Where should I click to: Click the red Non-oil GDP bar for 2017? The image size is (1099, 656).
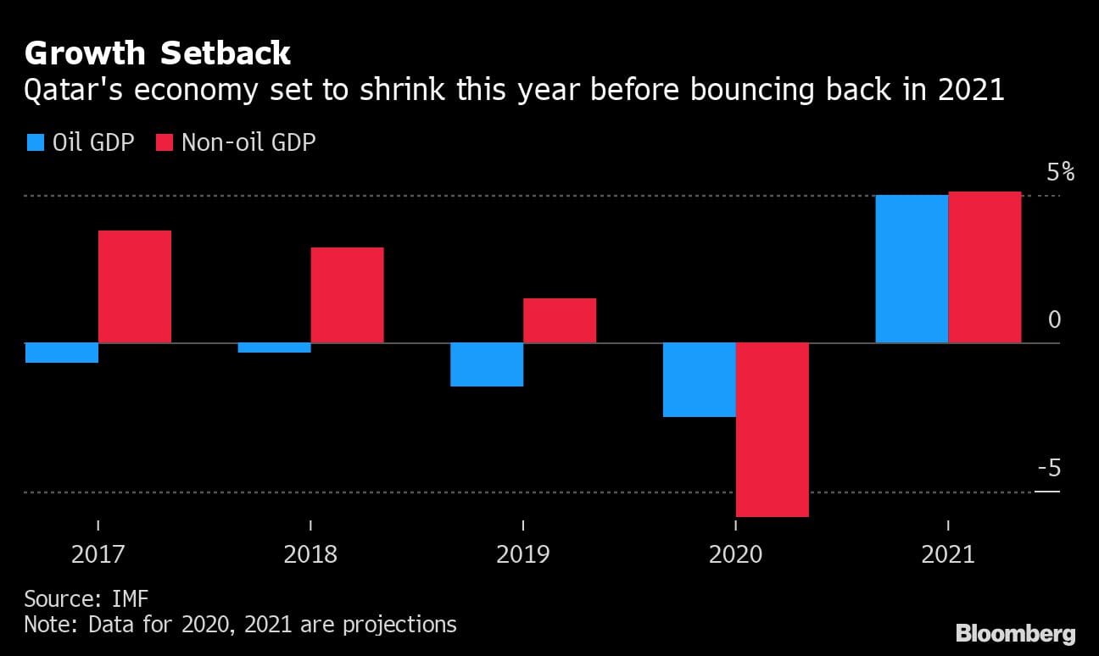(135, 286)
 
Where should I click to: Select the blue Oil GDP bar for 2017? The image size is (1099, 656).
(62, 353)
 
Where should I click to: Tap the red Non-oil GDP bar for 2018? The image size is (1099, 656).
(347, 295)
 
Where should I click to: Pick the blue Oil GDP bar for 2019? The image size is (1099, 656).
(487, 364)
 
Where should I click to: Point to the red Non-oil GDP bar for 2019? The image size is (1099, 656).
(560, 320)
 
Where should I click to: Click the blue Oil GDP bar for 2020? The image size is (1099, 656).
(699, 380)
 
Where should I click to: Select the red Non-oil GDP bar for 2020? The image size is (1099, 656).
(773, 430)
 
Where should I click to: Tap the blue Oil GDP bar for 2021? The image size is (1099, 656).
(912, 269)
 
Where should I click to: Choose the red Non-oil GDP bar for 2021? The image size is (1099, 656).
(985, 267)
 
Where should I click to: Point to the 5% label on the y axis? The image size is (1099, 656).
(1060, 173)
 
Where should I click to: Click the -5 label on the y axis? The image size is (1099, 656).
(1048, 469)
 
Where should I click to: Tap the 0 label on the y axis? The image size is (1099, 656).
(1054, 320)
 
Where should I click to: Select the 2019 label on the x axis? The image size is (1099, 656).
(522, 555)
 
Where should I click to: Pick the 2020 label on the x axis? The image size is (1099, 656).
(735, 555)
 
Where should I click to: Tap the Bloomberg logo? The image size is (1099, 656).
(1015, 633)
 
